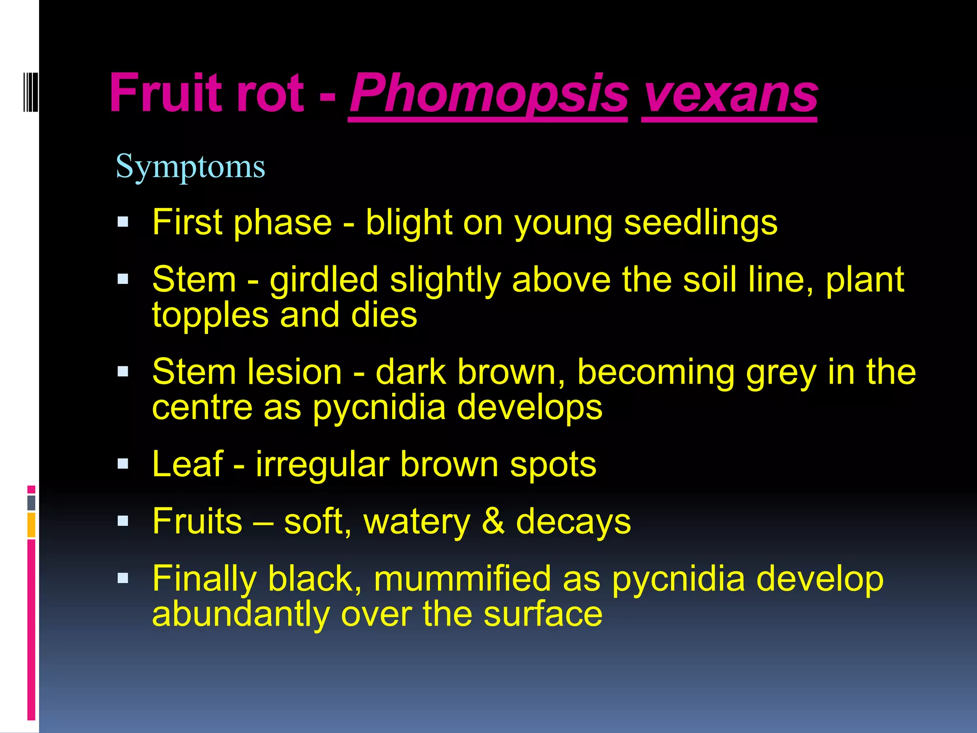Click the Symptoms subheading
[190, 167]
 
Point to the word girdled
[324, 280]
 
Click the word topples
[210, 316]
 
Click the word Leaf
[187, 464]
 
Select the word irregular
[322, 464]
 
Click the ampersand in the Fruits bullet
[493, 521]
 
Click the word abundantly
[240, 615]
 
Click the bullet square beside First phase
[123, 222]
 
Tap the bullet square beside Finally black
[123, 578]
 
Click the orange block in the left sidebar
[31, 524]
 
